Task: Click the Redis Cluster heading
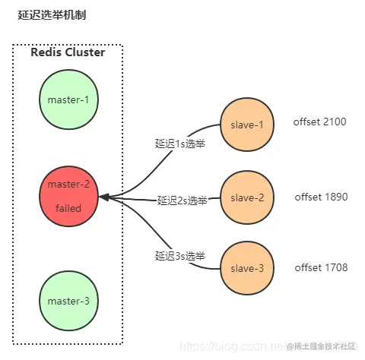pyautogui.click(x=67, y=52)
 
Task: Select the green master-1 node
pyautogui.click(x=68, y=99)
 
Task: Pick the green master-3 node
pyautogui.click(x=68, y=301)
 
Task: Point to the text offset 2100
pyautogui.click(x=320, y=122)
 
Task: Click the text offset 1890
pyautogui.click(x=321, y=197)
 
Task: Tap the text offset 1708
pyautogui.click(x=320, y=269)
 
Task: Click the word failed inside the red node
pyautogui.click(x=68, y=208)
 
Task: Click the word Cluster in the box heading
pyautogui.click(x=84, y=52)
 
